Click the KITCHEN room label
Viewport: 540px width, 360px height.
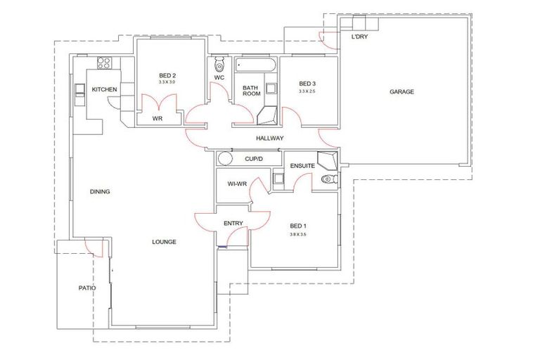pos(104,89)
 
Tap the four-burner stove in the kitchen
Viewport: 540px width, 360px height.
pos(105,63)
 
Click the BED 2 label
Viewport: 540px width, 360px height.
pos(167,75)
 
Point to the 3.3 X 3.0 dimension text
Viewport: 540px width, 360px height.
pos(167,82)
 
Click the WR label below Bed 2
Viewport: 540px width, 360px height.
pos(158,119)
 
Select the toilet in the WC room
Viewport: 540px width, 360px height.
pos(219,64)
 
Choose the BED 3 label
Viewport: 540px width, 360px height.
pos(307,84)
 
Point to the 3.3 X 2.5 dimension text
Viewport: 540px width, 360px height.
pos(307,91)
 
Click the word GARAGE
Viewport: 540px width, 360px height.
pos(401,91)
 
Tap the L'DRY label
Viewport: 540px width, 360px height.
pos(360,37)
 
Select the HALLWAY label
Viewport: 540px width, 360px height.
pos(269,139)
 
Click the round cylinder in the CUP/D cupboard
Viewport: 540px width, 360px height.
pos(224,158)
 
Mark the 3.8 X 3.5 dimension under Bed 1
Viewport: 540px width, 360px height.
pos(298,233)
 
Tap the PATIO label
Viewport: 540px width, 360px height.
pos(87,288)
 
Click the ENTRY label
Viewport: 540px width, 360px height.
pos(233,224)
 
